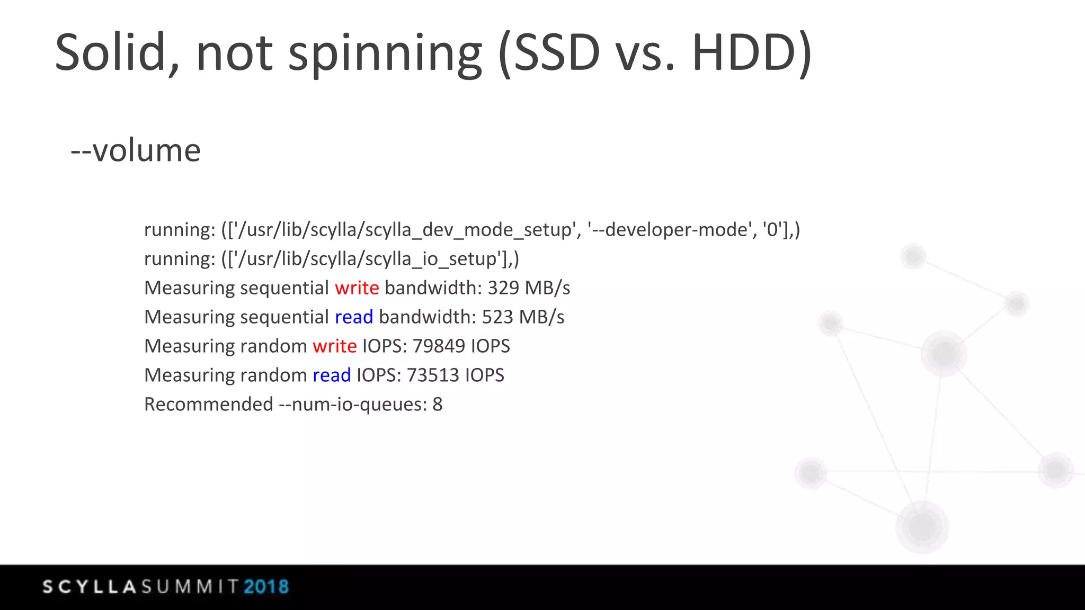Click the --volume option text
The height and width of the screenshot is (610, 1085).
click(x=136, y=150)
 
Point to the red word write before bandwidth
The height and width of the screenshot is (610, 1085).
click(x=357, y=288)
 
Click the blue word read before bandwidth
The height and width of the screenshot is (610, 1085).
click(x=353, y=317)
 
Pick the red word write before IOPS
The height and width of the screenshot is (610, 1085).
click(x=334, y=346)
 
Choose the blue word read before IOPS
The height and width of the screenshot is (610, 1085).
click(x=331, y=375)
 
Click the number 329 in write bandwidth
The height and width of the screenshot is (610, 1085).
click(x=503, y=288)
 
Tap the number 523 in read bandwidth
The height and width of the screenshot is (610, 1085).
click(x=497, y=317)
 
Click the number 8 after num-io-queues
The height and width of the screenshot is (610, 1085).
click(x=437, y=405)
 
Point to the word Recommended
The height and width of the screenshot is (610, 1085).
click(x=208, y=405)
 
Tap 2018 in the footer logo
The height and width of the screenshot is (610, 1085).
click(x=266, y=587)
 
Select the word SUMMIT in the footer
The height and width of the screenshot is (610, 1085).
click(x=190, y=587)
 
